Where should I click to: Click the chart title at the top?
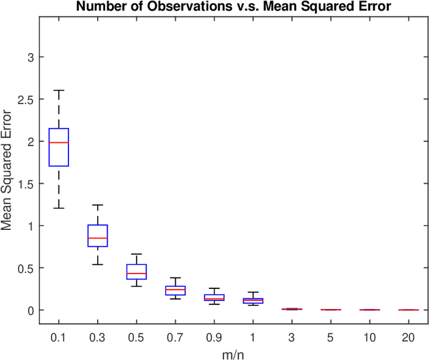(x=233, y=7)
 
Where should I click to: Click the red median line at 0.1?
(x=59, y=143)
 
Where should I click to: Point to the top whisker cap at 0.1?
(x=59, y=91)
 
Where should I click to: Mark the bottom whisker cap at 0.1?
(x=59, y=208)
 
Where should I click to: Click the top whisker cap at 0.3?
(x=98, y=205)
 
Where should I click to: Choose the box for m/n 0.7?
(x=176, y=291)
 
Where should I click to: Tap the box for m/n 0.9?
(x=214, y=297)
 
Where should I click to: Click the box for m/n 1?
(x=253, y=301)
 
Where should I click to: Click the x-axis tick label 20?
(x=409, y=337)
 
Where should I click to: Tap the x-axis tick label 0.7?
(x=176, y=337)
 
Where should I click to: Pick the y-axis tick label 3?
(x=29, y=57)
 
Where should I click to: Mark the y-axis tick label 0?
(x=29, y=310)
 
